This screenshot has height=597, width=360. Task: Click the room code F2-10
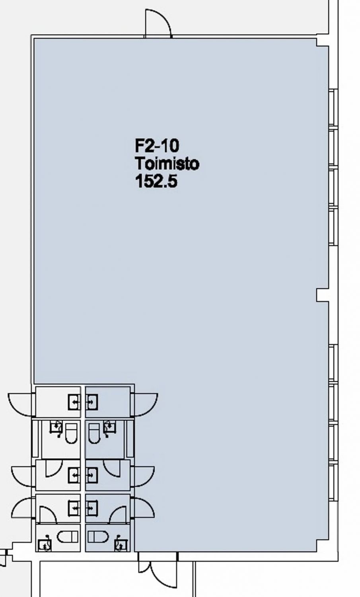point(157,146)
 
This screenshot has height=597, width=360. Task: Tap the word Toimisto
point(167,163)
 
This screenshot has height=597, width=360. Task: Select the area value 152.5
point(156,181)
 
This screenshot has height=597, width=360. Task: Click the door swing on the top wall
point(158,23)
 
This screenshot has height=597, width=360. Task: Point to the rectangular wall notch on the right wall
point(323,295)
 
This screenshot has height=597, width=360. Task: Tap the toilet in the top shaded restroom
point(94,434)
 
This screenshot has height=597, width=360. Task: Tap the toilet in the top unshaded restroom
point(71,434)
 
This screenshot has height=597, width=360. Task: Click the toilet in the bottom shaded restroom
point(98,537)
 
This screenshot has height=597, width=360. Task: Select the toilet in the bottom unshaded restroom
point(68,537)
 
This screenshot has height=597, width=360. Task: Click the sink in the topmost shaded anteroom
point(92,402)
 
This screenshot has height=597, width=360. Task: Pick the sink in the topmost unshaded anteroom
point(74,402)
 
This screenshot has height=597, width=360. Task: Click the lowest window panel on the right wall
point(333,482)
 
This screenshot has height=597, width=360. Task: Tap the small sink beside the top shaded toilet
point(110,427)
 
